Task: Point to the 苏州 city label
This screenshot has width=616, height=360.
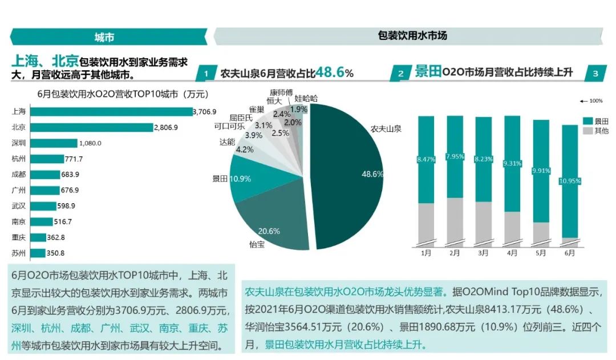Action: click(x=19, y=253)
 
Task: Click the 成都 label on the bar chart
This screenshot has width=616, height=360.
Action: click(x=19, y=174)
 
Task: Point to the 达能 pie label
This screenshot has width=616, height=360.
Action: click(x=226, y=141)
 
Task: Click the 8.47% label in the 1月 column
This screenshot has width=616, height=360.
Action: click(x=426, y=159)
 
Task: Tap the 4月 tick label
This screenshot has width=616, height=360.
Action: click(x=512, y=253)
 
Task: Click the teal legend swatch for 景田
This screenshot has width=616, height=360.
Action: click(x=587, y=121)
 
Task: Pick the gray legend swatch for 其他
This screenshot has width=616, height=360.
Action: click(x=587, y=131)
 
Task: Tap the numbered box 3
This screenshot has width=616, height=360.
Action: click(x=595, y=74)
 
